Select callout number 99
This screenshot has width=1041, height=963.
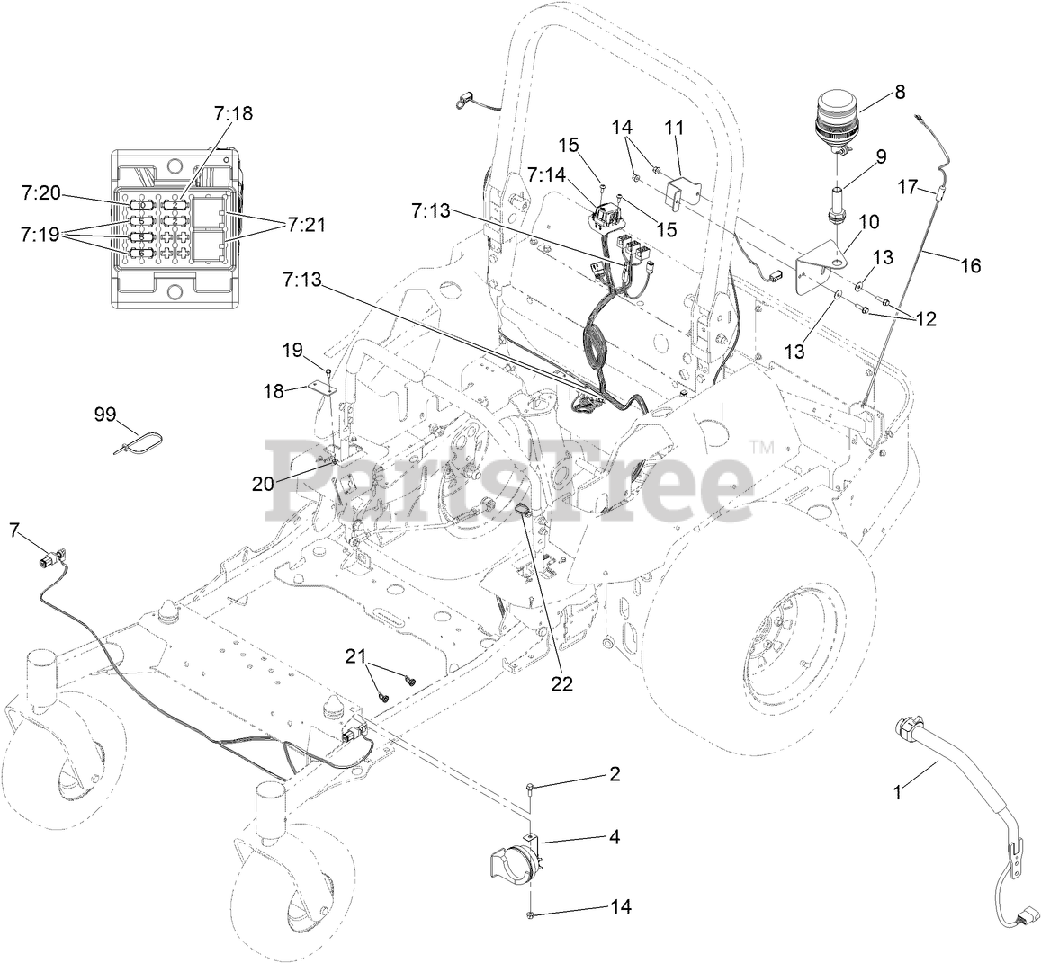pos(106,415)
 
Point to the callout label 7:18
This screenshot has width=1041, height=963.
pos(233,114)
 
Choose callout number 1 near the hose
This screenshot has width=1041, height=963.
pos(896,792)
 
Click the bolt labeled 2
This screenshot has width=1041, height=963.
pos(531,789)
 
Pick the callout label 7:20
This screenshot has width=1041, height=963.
pos(40,192)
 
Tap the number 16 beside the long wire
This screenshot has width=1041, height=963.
pos(970,265)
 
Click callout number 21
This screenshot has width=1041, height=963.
pos(356,655)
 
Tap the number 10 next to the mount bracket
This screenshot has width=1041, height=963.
pos(843,221)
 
